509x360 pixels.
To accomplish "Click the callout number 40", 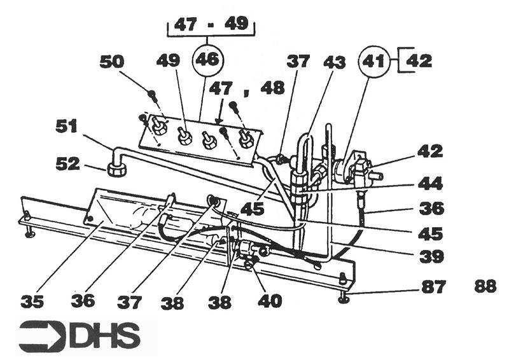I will pyautogui.click(x=269, y=300).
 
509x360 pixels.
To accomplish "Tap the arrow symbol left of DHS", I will pyautogui.click(x=41, y=336).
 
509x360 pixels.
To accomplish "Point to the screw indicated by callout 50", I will pyautogui.click(x=152, y=95).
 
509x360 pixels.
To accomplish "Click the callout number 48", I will pyautogui.click(x=272, y=88).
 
